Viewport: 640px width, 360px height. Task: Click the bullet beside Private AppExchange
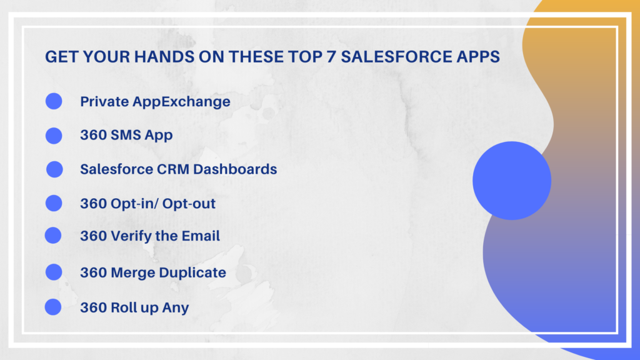coord(54,101)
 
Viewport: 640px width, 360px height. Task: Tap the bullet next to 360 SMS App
coord(54,136)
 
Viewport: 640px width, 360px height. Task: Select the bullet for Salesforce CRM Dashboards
coord(55,169)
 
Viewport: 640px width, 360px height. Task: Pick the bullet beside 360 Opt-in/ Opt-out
coord(54,203)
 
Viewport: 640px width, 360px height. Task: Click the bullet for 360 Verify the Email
coord(53,235)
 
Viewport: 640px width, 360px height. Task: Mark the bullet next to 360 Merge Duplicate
coord(54,272)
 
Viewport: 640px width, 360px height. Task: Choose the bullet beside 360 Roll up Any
coord(53,307)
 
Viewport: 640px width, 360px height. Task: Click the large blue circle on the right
coord(512,181)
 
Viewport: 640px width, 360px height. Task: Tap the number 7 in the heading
coord(331,57)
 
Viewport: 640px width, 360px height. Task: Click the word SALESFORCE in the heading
coord(395,57)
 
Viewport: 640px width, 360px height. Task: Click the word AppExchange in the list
coord(181,102)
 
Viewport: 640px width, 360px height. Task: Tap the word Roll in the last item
coord(123,307)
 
